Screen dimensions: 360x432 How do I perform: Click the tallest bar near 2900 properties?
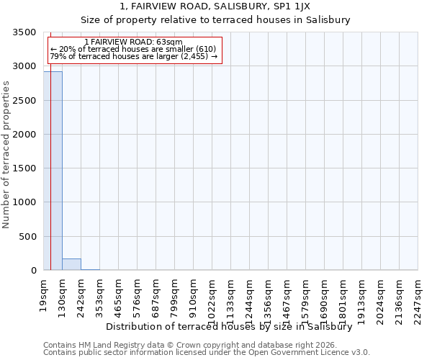tap(53, 171)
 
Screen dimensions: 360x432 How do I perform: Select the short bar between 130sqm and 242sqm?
tap(71, 264)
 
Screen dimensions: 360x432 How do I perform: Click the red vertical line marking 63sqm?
tap(50, 180)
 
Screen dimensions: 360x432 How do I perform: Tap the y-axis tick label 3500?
tap(24, 33)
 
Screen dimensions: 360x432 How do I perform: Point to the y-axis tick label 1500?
tap(24, 168)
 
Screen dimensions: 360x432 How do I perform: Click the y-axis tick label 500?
tap(27, 236)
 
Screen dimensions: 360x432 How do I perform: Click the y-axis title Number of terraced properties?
tap(7, 154)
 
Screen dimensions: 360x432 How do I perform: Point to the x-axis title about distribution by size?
tap(229, 326)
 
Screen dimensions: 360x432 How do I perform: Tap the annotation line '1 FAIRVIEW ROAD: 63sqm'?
tap(133, 42)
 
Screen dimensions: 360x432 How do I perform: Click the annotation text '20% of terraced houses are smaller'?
tap(133, 49)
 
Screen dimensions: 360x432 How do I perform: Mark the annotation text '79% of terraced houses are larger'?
tap(133, 56)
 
